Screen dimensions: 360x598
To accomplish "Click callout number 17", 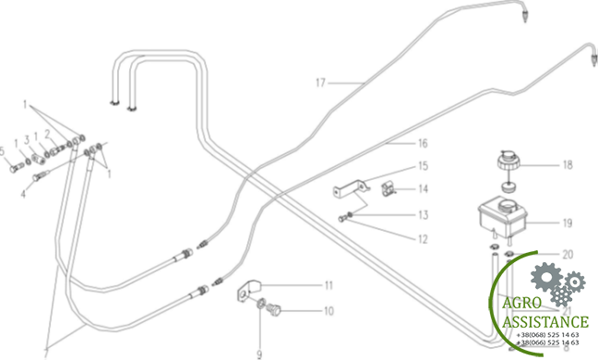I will [x=321, y=84].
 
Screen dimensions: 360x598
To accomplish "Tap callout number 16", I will [x=423, y=144].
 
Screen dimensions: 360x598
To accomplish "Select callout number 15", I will [x=423, y=167].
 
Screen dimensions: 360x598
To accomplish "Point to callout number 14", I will [x=423, y=189].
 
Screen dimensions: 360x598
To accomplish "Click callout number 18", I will [x=568, y=166].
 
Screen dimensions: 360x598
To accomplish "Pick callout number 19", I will [x=568, y=222].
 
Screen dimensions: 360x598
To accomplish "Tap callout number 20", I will [x=568, y=254].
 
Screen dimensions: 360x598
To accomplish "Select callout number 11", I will [x=328, y=284].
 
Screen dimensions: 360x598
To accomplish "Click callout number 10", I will [x=328, y=311].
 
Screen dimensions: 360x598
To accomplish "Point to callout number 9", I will [x=259, y=354].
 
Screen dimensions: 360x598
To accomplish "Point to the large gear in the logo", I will [x=546, y=277].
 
